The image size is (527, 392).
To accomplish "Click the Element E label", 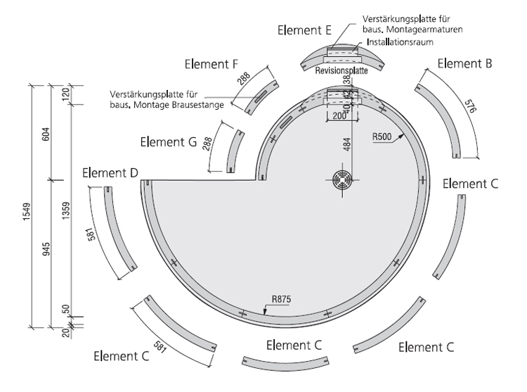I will (x=305, y=30).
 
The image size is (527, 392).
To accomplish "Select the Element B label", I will (x=464, y=63).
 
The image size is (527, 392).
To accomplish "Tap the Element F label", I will (x=211, y=64).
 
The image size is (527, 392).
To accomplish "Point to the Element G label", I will (x=168, y=141).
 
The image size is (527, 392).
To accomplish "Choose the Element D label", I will (x=110, y=172).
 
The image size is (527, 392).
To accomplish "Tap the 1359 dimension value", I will (x=67, y=211).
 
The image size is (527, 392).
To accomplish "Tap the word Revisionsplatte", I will (x=341, y=72).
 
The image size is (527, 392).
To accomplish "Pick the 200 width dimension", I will (x=341, y=115).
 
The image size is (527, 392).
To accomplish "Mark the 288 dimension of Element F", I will (x=244, y=78).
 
